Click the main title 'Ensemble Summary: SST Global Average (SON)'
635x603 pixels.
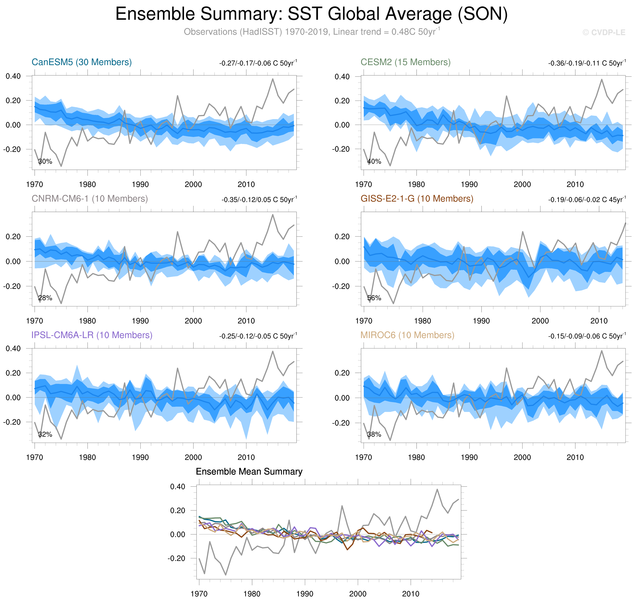click(311, 14)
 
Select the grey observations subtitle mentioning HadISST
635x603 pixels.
click(311, 32)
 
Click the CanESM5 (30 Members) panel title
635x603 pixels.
click(82, 62)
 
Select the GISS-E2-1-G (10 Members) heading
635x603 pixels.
click(417, 199)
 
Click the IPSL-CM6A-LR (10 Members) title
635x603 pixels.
click(92, 335)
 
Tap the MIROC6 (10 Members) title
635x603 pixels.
click(407, 335)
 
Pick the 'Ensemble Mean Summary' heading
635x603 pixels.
click(249, 471)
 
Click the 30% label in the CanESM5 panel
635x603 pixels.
click(45, 161)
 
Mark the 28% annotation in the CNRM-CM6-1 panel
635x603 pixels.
click(45, 298)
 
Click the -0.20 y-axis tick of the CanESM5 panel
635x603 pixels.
click(12, 149)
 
